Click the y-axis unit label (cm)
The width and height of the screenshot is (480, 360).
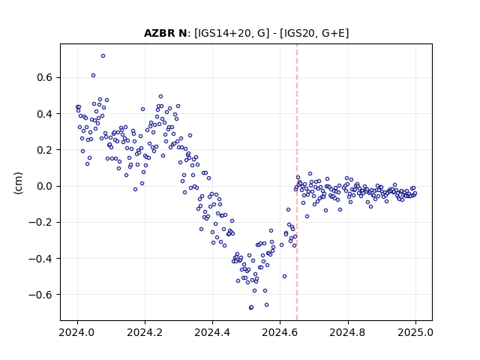coord(18,182)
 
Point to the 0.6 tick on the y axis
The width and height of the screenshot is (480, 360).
coord(45,77)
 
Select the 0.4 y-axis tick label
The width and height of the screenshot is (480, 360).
coord(45,114)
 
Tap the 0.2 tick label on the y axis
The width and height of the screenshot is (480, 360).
coord(45,150)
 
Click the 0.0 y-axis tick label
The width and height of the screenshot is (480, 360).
coord(45,186)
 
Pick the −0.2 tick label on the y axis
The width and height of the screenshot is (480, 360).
coord(40,222)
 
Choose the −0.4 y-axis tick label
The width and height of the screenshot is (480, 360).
coord(40,259)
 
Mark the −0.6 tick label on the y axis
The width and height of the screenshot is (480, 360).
coord(40,295)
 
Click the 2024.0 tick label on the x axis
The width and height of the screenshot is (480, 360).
coord(77,332)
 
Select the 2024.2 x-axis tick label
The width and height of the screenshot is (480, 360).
coord(145,332)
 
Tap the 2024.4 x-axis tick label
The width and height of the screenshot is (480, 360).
coord(212,332)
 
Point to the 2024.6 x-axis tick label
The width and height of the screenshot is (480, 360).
coord(280,332)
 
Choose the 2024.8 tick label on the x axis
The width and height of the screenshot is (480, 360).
coord(348,332)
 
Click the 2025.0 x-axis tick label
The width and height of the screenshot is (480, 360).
coord(415,332)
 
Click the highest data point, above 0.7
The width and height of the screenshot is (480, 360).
coord(103,55)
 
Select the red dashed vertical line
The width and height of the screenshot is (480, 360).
coord(297,182)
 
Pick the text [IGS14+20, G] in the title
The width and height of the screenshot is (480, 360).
coord(232,33)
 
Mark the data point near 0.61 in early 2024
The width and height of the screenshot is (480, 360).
coord(93,75)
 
